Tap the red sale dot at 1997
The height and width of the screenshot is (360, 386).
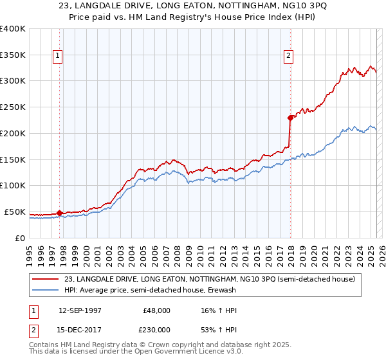59,213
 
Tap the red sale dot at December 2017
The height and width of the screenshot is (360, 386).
290,118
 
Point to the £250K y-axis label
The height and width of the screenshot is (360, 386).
13,107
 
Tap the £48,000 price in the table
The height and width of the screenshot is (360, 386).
156,310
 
